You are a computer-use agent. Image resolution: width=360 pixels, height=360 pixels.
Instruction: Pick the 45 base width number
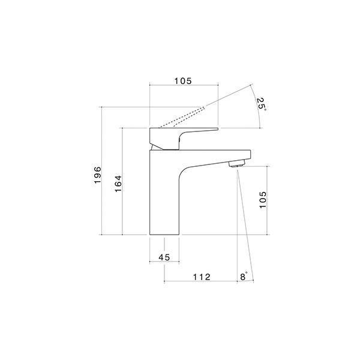164,257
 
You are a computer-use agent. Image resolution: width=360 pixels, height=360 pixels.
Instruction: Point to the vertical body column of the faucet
163,198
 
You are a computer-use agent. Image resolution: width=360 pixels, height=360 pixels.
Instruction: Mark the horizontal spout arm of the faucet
210,155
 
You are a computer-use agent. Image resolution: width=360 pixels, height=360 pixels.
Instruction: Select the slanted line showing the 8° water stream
245,222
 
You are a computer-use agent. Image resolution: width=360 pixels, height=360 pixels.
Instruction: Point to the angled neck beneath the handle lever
157,146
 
